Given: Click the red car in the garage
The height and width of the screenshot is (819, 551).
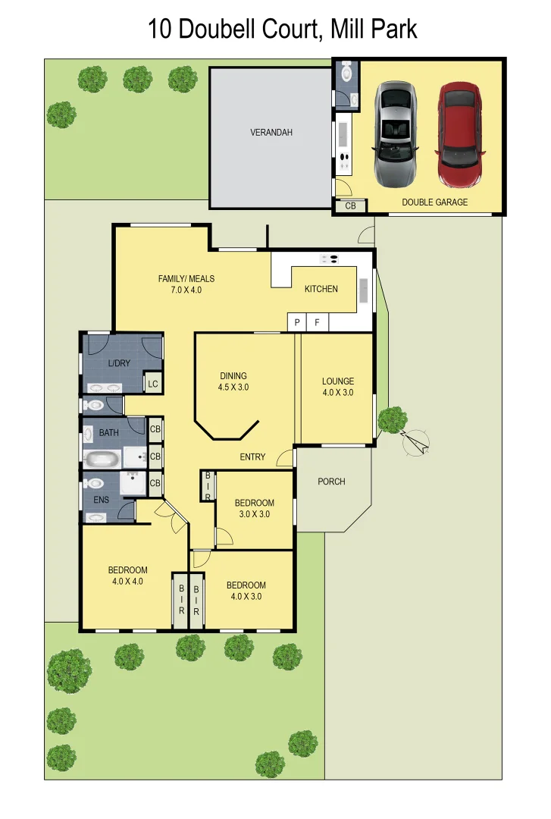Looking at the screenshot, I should [x=459, y=135].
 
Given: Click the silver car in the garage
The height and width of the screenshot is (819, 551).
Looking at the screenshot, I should [x=395, y=135].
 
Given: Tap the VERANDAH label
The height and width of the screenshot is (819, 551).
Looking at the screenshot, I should [x=271, y=133].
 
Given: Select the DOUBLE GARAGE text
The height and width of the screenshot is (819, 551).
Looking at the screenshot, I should [x=434, y=202].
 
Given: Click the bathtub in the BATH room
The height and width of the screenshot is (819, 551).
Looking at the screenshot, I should [x=102, y=459].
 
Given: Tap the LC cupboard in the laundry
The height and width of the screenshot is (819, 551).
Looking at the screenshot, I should [x=153, y=384].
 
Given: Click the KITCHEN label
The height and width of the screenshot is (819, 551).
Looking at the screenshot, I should [x=321, y=289].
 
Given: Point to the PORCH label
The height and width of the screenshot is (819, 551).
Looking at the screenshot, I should [x=331, y=482].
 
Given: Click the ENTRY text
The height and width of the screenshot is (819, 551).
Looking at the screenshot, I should [x=252, y=457].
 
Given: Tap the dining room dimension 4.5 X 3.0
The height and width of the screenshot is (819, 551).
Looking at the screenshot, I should [x=233, y=388].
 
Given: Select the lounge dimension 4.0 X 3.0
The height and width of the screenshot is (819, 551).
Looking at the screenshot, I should [x=337, y=393].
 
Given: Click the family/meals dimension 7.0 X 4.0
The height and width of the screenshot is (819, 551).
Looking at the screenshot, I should [x=186, y=290].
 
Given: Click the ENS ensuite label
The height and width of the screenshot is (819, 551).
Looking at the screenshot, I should [x=101, y=500].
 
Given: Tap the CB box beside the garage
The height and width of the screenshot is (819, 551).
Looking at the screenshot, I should [x=350, y=206].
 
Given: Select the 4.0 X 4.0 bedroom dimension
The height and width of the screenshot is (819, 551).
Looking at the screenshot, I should [x=127, y=582].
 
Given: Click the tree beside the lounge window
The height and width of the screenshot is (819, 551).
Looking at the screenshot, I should [x=392, y=419].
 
